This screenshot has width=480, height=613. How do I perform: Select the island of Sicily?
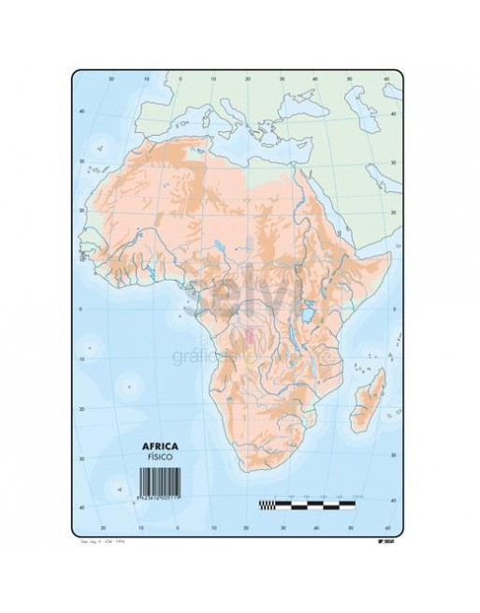[224, 137]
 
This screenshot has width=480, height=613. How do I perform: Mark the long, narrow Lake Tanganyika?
[293, 342]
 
